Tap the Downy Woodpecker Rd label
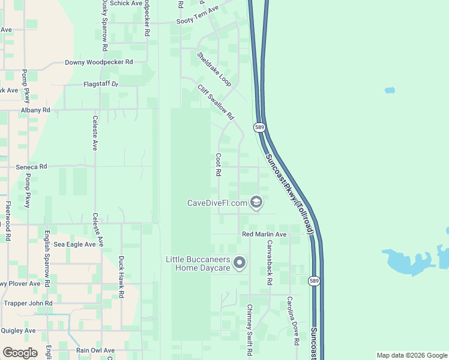(98, 62)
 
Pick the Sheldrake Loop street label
(214, 69)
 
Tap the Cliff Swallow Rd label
(215, 101)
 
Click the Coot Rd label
(218, 164)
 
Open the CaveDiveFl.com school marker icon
(256, 202)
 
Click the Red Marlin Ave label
(264, 233)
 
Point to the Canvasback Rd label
(270, 262)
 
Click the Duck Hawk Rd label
(121, 277)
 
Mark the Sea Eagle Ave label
(74, 244)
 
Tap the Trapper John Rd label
(28, 304)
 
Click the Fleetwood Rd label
(8, 221)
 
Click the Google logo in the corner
(20, 353)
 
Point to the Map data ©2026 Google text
(412, 355)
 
